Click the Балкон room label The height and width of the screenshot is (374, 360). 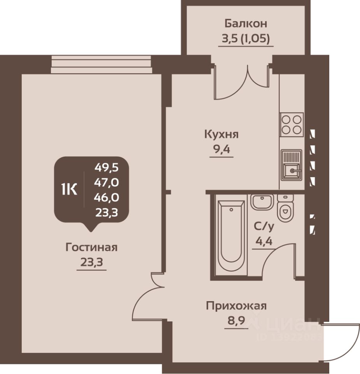coord(246,23)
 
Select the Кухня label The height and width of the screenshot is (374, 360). coord(221,134)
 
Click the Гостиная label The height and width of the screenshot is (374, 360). coord(91,247)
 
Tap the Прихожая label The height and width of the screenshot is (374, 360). coord(236,306)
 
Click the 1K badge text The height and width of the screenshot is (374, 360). coord(69,190)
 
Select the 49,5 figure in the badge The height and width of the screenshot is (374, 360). coord(106,168)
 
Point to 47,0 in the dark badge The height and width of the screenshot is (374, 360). coord(106,182)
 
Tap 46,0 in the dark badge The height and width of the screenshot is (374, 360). coord(106,197)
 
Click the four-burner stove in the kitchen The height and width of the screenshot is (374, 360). coord(292,125)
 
